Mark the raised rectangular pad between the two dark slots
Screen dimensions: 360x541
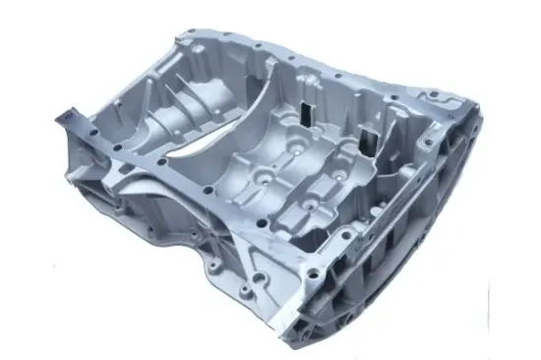point(335,128)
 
